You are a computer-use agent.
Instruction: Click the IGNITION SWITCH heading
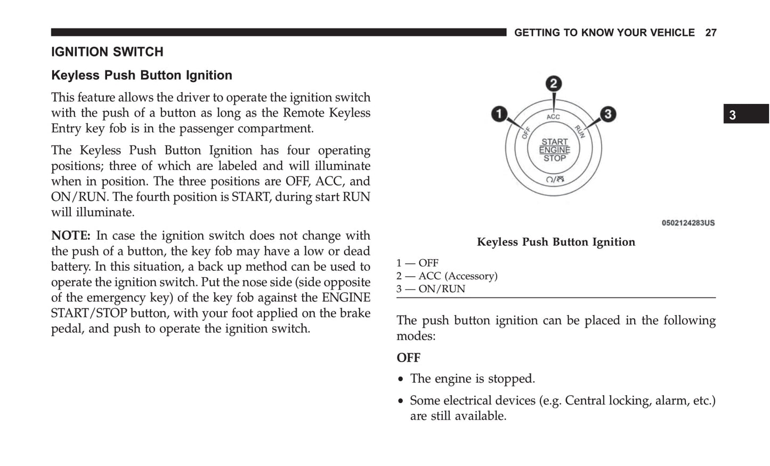107,52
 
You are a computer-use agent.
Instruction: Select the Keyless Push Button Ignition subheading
142,76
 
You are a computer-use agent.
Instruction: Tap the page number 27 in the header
711,33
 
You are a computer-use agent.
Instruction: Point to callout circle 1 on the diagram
499,114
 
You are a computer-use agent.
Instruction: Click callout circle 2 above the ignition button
554,84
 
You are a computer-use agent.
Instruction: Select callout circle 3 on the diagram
607,114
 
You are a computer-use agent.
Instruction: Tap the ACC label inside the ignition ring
553,117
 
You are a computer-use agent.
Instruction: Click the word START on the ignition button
554,142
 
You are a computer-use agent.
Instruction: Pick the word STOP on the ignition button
554,158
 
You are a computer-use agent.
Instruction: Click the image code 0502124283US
688,223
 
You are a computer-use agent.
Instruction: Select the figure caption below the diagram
556,242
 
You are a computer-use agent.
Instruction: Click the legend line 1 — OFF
417,263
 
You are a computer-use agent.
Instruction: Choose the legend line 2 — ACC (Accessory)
447,276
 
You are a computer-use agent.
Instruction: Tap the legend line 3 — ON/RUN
431,289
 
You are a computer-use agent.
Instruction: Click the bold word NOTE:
71,236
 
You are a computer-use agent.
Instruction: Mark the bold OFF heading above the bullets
408,358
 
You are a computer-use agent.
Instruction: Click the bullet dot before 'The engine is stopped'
401,380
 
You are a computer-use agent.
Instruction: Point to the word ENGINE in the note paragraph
346,298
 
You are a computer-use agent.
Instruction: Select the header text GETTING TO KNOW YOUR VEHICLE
604,33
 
